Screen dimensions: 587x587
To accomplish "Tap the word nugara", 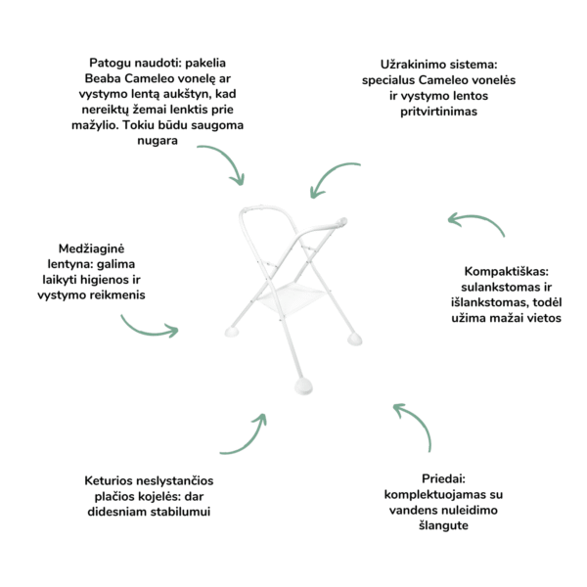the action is [x=158, y=141].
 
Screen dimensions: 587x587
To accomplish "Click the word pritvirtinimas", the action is [x=438, y=112].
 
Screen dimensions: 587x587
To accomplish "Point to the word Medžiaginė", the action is [x=91, y=248].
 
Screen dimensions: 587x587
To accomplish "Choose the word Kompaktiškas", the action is [x=506, y=271].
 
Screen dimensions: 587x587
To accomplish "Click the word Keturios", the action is [x=109, y=480].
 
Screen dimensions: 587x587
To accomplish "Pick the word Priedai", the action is [x=443, y=478].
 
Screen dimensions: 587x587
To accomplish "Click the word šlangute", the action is [x=443, y=525].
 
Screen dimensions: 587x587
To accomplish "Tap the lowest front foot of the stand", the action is [x=303, y=386].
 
